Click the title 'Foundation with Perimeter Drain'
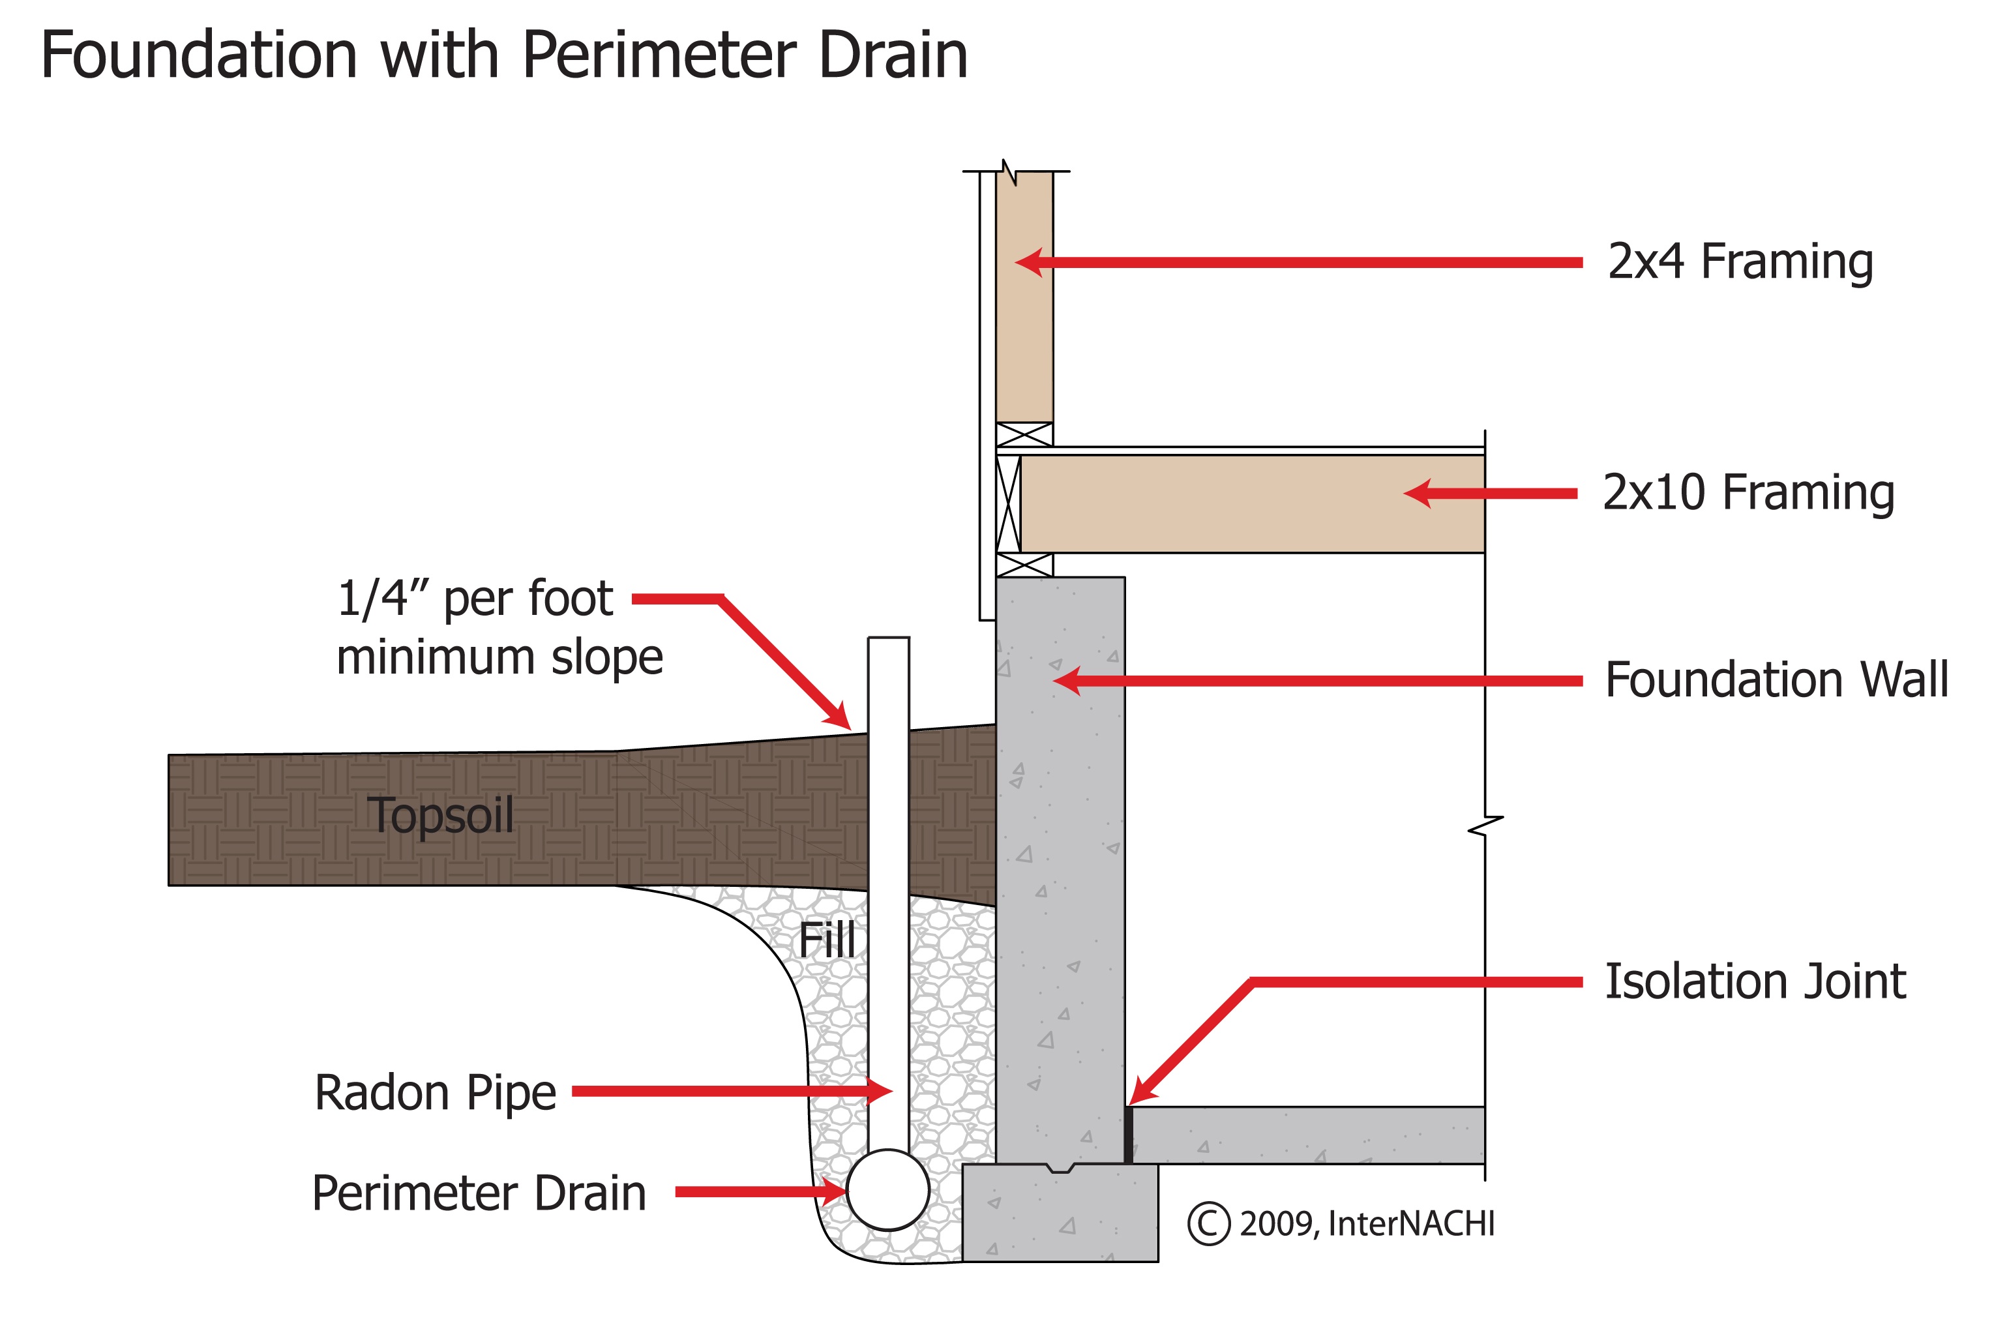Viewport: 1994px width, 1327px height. (x=503, y=56)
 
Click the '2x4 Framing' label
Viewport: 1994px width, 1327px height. (x=1739, y=261)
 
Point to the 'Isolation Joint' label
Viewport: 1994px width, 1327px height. (x=1755, y=981)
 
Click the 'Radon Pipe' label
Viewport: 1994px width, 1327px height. (x=435, y=1093)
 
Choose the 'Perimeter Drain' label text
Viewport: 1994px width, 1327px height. (x=479, y=1193)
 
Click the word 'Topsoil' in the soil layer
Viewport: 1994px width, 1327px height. (x=440, y=816)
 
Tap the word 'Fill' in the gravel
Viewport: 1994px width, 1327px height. (x=826, y=940)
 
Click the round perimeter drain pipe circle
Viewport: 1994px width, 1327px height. (x=888, y=1190)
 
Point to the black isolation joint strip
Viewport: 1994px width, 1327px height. (x=1128, y=1135)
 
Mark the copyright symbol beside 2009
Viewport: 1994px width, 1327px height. (x=1208, y=1224)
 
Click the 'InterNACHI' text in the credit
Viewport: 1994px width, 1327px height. (x=1411, y=1224)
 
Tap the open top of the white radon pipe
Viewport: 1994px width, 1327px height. (x=888, y=640)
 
